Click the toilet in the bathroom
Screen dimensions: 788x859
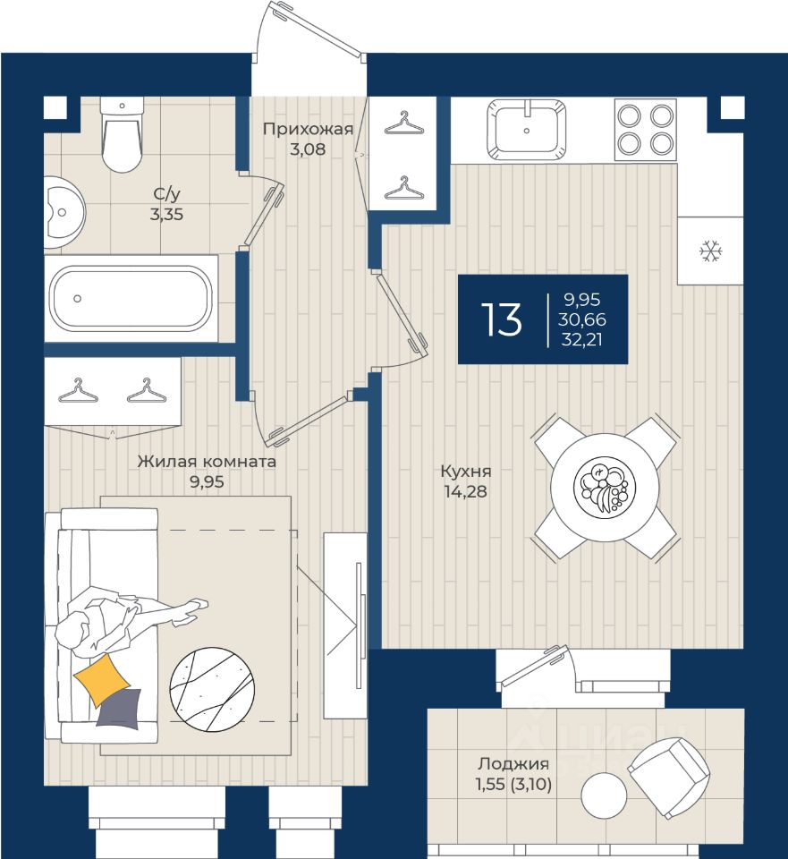click(123, 135)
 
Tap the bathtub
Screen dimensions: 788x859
click(131, 299)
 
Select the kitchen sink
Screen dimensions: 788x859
click(526, 130)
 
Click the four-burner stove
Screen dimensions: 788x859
click(646, 130)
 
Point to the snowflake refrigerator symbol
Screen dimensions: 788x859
click(711, 251)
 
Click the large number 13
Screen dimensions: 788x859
click(501, 319)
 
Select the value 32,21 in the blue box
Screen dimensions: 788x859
click(581, 340)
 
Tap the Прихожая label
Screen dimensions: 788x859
click(308, 129)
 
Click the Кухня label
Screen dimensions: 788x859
click(466, 472)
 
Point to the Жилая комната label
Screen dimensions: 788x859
click(207, 462)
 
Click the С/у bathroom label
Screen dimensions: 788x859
click(166, 194)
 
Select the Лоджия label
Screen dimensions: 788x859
click(513, 763)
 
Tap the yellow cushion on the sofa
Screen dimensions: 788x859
click(102, 679)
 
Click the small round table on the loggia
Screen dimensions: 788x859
click(604, 795)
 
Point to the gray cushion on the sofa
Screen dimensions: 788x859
click(120, 709)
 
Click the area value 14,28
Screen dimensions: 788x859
click(465, 491)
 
